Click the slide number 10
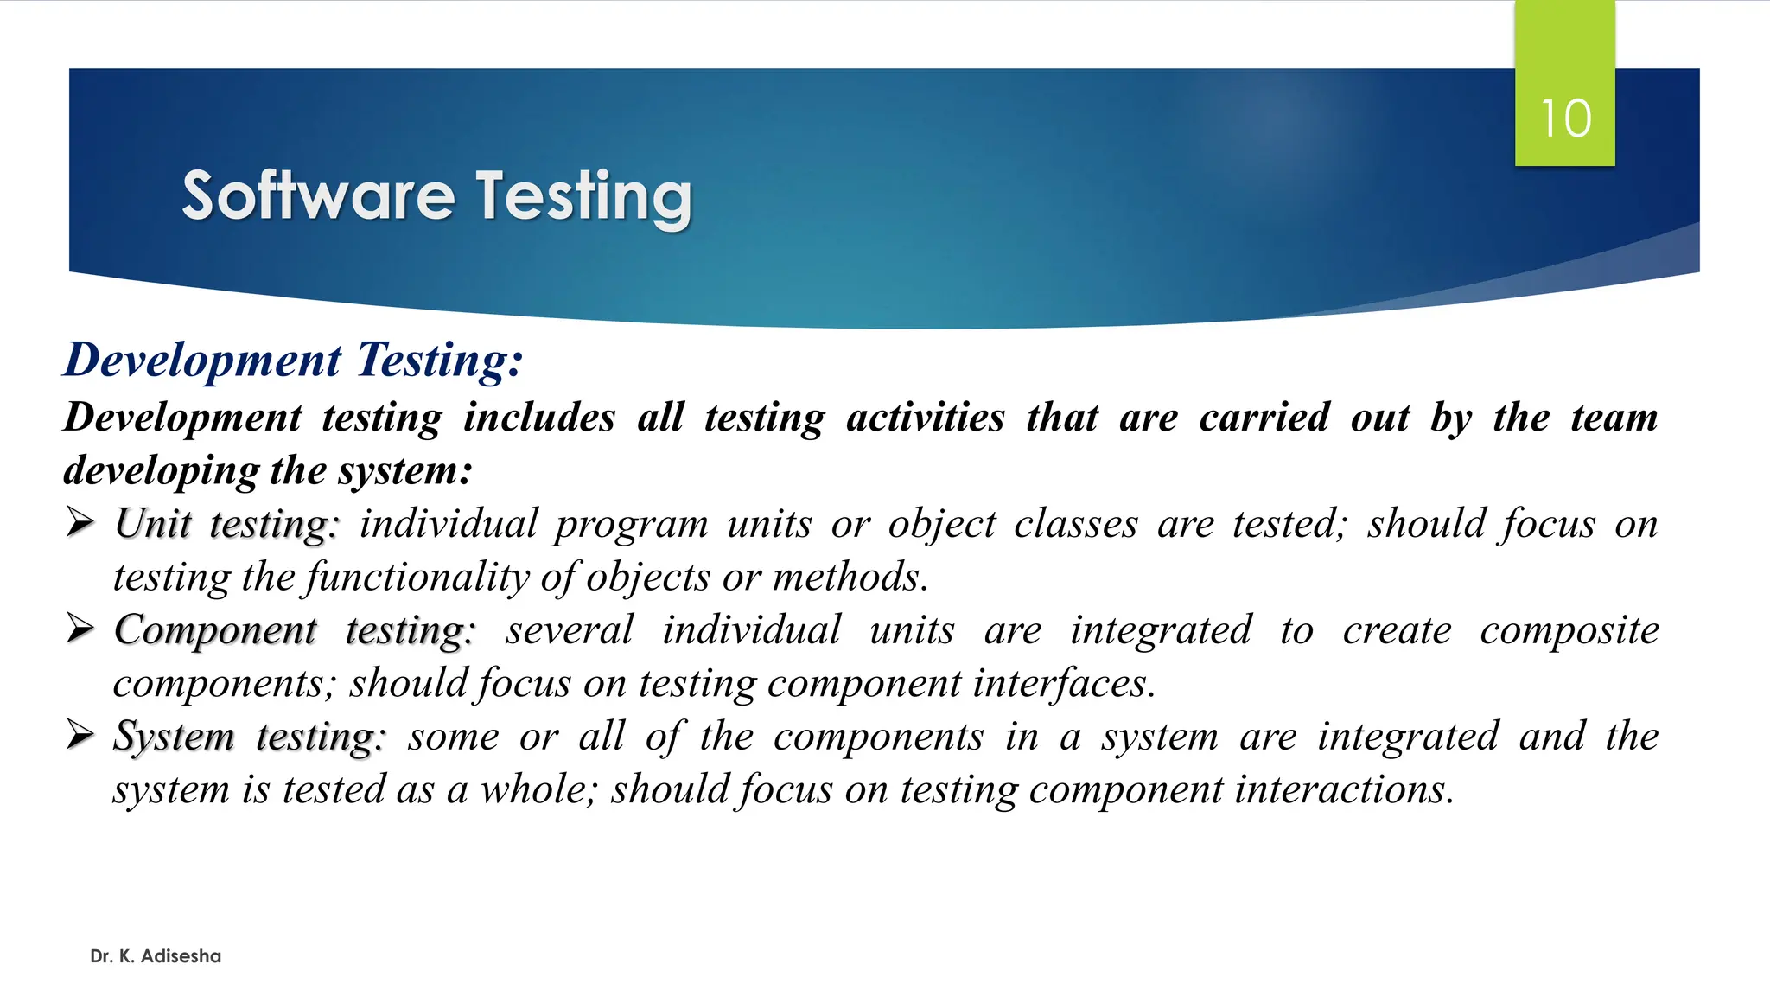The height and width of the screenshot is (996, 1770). point(1565,118)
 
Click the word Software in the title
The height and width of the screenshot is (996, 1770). point(317,195)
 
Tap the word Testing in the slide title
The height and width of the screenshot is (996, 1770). point(584,197)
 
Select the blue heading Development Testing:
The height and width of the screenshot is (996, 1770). point(293,360)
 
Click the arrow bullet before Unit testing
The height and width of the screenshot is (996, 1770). point(80,522)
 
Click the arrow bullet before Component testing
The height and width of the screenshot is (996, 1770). point(80,629)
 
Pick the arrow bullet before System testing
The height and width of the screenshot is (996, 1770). point(80,735)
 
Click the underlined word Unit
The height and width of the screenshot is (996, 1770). point(152,524)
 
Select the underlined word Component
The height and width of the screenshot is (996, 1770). point(215,630)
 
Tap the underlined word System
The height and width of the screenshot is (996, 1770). point(174,737)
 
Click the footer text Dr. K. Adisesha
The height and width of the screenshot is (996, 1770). point(156,956)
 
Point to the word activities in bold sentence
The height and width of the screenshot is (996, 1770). point(926,418)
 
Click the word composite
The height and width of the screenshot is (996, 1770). point(1569,630)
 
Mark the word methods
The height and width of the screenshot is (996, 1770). point(850,578)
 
